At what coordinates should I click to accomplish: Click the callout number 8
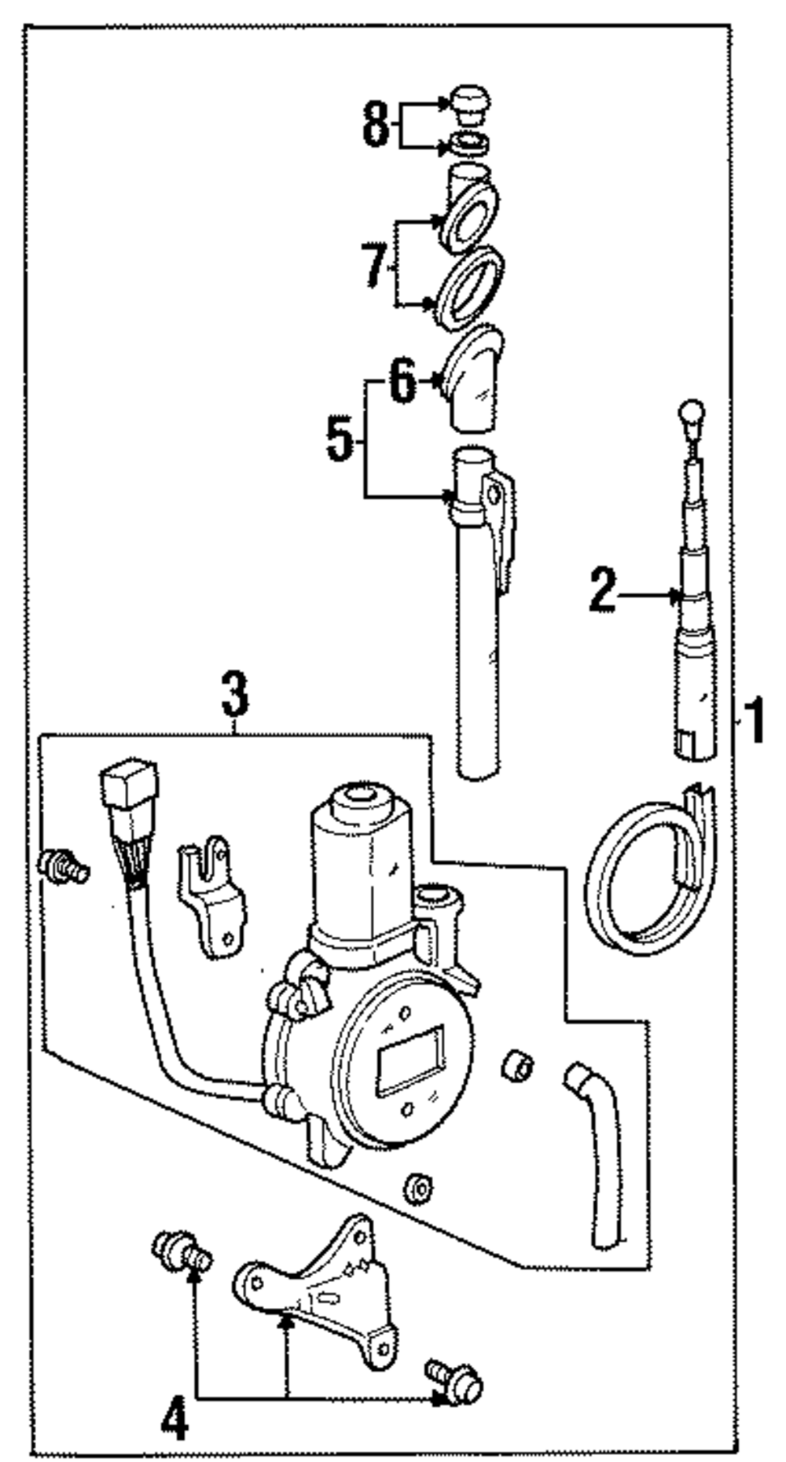coord(376,123)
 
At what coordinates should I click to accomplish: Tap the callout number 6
coord(402,383)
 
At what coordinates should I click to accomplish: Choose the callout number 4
coord(174,1420)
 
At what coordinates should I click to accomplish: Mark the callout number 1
coord(753,722)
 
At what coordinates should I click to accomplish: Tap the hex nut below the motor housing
coord(419,1188)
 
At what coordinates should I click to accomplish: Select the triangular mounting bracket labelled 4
coord(322,1281)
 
